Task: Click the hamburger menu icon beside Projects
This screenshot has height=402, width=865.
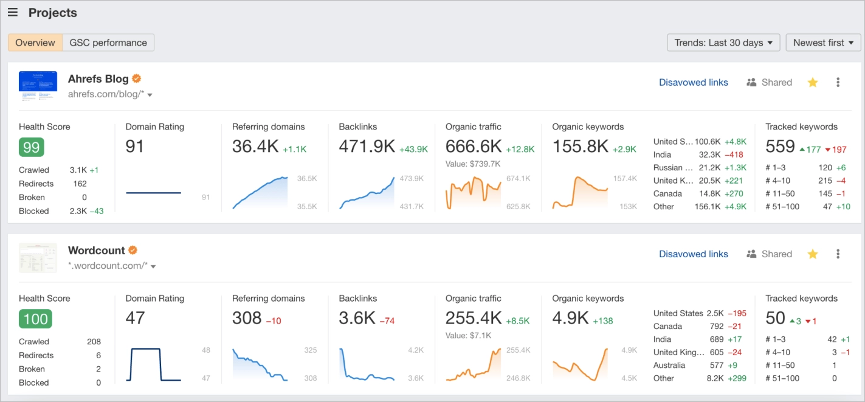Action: (12, 13)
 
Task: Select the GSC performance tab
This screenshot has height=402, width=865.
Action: (108, 43)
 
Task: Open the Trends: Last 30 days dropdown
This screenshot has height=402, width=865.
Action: (723, 43)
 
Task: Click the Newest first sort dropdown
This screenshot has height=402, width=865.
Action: (823, 43)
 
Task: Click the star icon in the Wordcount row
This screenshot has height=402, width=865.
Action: (813, 254)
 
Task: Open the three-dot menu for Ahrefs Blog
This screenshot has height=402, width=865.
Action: (838, 83)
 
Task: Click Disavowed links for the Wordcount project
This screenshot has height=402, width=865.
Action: (693, 254)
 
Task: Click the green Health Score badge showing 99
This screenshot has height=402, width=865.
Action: (32, 147)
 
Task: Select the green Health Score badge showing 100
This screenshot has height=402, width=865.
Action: (35, 318)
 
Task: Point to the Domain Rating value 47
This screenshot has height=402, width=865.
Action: (136, 317)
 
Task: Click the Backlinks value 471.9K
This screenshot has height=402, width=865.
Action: (367, 147)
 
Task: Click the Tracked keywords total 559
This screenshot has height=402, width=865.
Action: (780, 147)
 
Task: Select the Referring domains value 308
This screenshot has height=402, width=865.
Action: (247, 317)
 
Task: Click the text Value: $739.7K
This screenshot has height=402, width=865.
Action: (473, 164)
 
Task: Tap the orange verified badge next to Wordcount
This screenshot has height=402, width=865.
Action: (133, 250)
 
